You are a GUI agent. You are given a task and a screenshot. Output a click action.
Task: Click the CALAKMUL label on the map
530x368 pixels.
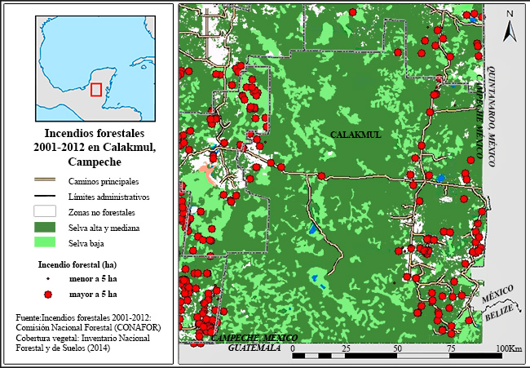(356, 134)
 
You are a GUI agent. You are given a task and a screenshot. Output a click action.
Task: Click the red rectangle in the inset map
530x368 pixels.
(96, 89)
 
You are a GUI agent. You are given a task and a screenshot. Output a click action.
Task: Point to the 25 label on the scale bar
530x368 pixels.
(346, 348)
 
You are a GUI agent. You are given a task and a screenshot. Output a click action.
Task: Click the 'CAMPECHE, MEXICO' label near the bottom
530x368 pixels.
(254, 338)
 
